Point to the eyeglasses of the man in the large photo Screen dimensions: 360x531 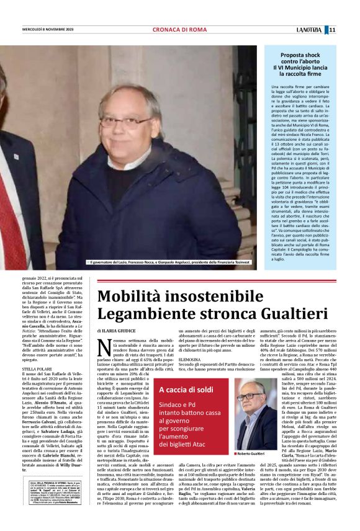click(125, 120)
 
